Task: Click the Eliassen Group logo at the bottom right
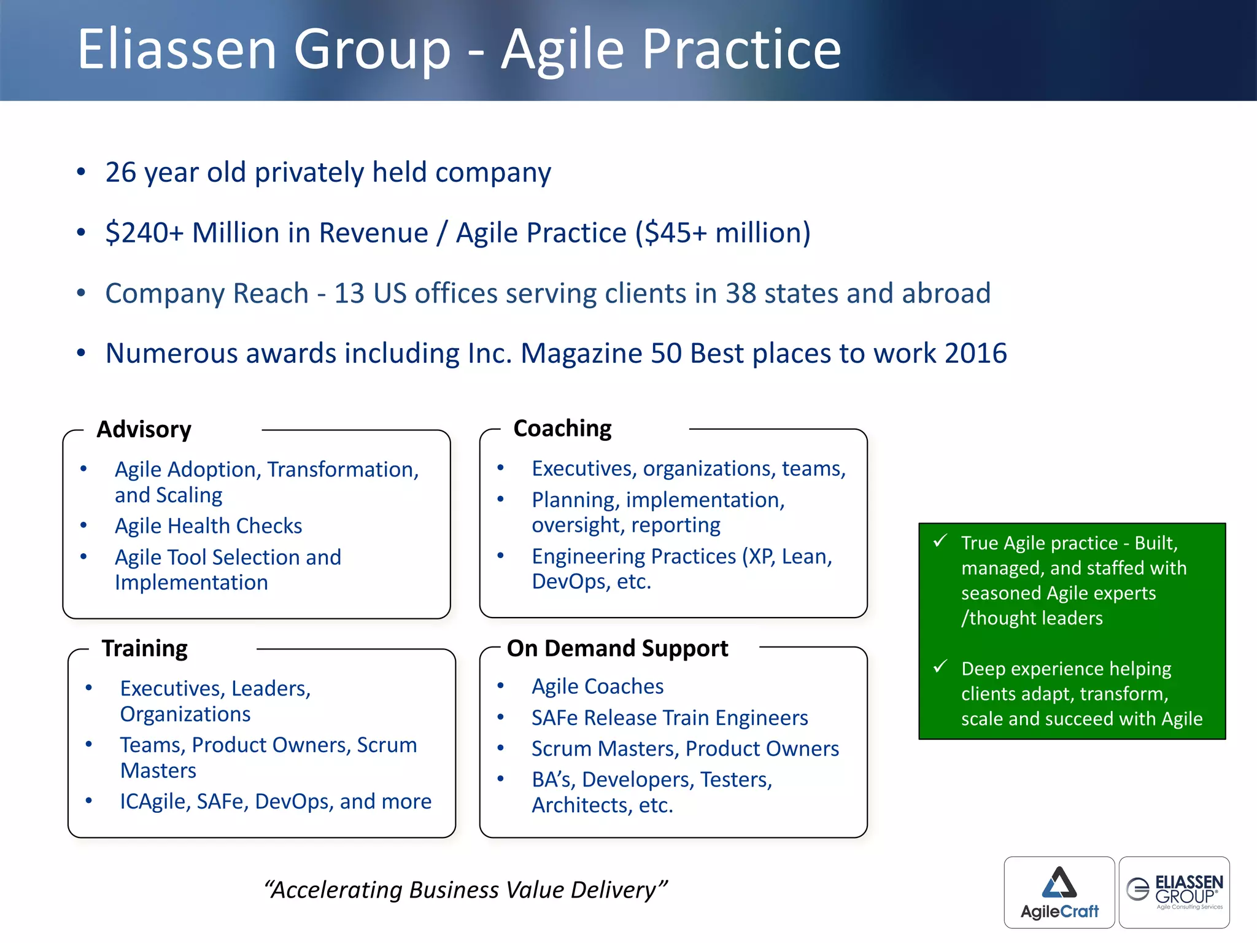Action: [x=1174, y=892]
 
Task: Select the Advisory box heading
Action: [x=144, y=429]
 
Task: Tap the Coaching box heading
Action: [x=562, y=428]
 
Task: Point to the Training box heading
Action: [x=145, y=648]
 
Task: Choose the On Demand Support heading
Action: [x=617, y=648]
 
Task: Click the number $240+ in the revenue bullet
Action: [x=144, y=233]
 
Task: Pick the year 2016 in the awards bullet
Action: [x=976, y=354]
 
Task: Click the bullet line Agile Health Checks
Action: [x=209, y=526]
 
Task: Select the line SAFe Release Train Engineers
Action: [x=670, y=718]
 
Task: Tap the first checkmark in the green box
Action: [x=940, y=541]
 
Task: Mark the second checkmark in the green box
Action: [x=940, y=667]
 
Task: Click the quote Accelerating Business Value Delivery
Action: [x=465, y=890]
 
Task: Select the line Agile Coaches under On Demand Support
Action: [x=597, y=686]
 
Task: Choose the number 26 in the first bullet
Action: [x=120, y=173]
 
